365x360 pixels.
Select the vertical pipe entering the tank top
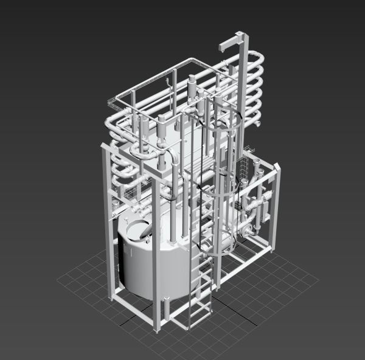coord(175,207)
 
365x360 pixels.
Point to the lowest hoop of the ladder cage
coord(213,243)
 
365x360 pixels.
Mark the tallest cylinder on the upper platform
coord(192,88)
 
